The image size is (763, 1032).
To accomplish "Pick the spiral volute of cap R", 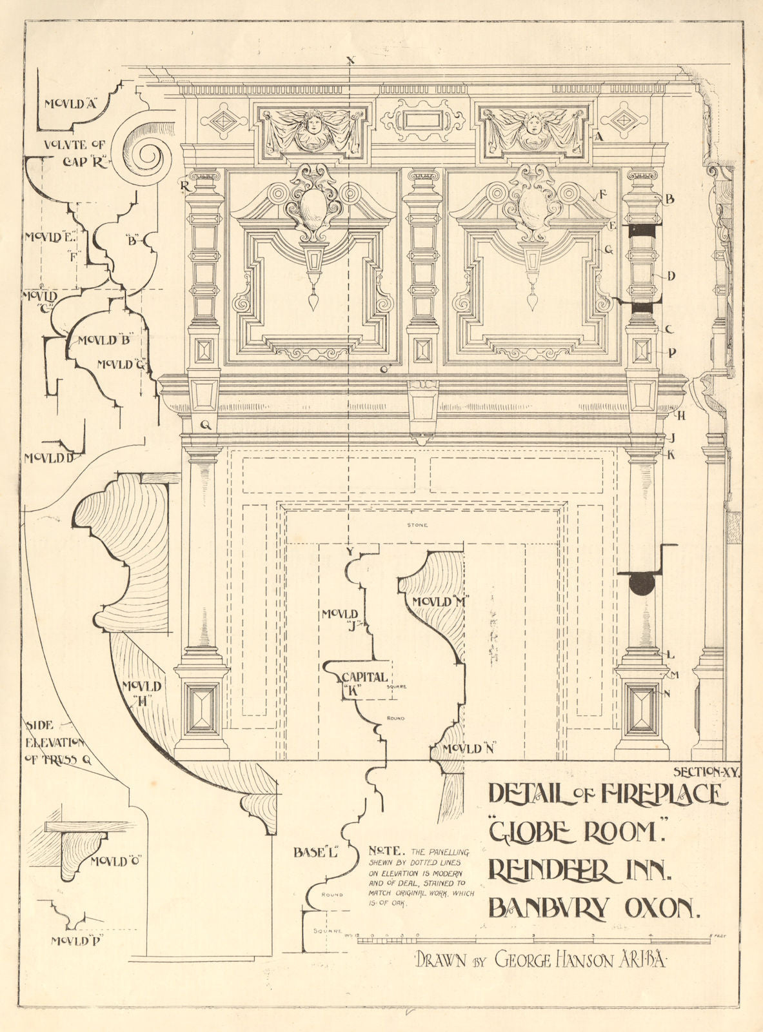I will click(141, 152).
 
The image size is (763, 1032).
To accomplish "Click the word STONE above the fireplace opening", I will click(417, 525).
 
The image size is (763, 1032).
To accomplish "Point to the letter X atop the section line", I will click(350, 61).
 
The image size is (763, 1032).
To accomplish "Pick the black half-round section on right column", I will click(643, 582).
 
